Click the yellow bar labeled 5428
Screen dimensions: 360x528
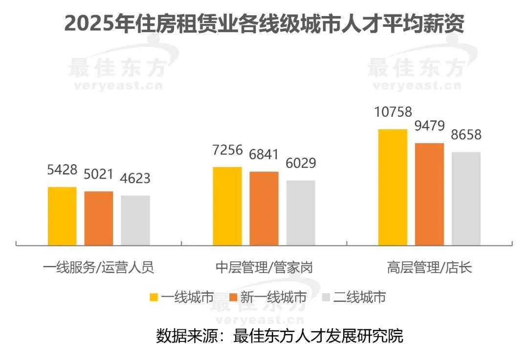pyautogui.click(x=62, y=216)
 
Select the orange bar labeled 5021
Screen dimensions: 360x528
pyautogui.click(x=99, y=218)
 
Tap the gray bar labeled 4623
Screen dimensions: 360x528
pyautogui.click(x=135, y=220)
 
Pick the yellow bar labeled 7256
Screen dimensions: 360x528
pyautogui.click(x=227, y=206)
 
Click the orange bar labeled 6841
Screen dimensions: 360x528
pyautogui.click(x=264, y=208)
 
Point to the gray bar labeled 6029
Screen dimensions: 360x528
pyautogui.click(x=301, y=212)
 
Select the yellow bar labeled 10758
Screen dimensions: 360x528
pyautogui.click(x=393, y=187)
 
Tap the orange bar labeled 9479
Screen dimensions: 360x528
pyautogui.click(x=429, y=194)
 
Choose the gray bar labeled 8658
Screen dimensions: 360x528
pyautogui.click(x=466, y=198)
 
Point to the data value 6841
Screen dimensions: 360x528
pyautogui.click(x=264, y=155)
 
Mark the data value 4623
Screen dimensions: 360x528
pyautogui.click(x=135, y=179)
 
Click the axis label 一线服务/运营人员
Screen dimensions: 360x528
pyautogui.click(x=98, y=268)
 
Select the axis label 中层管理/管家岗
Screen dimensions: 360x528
pyautogui.click(x=264, y=268)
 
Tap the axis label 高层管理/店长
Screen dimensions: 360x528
pyautogui.click(x=429, y=268)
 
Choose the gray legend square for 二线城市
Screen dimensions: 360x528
pyautogui.click(x=327, y=297)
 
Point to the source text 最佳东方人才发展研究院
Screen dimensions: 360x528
pyautogui.click(x=319, y=336)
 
